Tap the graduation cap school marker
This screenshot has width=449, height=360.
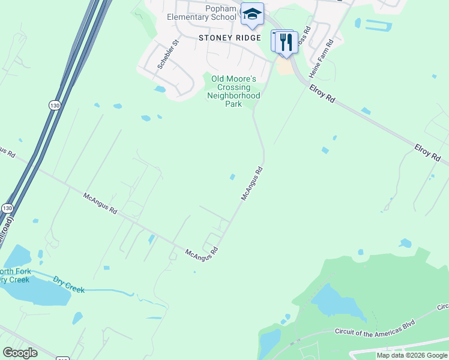click(252, 14)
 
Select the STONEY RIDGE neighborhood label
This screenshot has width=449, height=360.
click(230, 37)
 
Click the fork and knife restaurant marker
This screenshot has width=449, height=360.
click(286, 42)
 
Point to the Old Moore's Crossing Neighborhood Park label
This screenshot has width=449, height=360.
click(233, 91)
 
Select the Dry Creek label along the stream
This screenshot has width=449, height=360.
click(68, 284)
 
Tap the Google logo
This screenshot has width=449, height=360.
click(20, 353)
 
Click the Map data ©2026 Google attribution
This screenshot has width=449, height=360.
click(412, 355)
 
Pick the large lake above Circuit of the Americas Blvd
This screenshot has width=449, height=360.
click(339, 303)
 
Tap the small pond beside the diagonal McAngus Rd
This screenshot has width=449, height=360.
click(232, 176)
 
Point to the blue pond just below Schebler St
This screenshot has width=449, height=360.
click(160, 89)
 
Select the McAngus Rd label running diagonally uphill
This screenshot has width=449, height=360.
click(252, 184)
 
